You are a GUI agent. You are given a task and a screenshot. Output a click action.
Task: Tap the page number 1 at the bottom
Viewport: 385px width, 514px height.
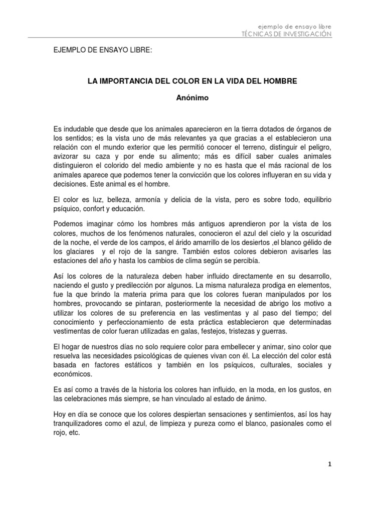[329, 465]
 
